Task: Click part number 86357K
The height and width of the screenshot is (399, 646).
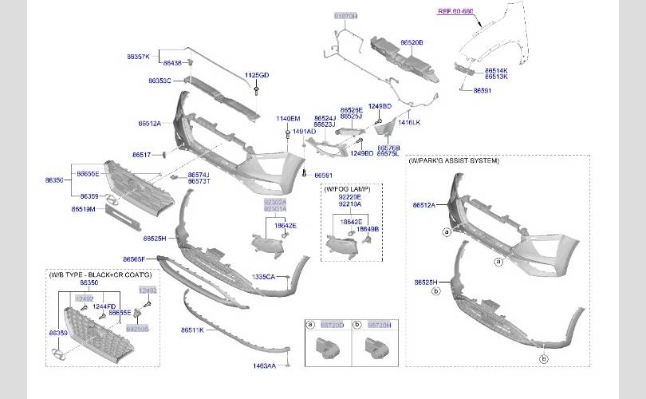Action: [x=138, y=57]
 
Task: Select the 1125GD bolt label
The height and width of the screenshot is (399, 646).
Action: [x=257, y=75]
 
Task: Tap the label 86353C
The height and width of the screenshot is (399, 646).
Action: [x=160, y=81]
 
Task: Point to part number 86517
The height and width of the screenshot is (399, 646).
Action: [x=141, y=154]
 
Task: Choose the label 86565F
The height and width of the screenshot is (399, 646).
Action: [x=134, y=259]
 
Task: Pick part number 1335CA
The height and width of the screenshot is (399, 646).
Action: [x=263, y=276]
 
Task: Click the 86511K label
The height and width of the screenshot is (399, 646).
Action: [x=192, y=330]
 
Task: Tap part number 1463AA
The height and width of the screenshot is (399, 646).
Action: [x=264, y=365]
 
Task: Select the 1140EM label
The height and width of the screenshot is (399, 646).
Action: [x=288, y=118]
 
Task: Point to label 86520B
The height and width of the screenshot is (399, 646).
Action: [x=412, y=41]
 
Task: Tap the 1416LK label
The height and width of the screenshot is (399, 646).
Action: [x=409, y=123]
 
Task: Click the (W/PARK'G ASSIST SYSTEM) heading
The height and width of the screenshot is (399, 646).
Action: [x=453, y=160]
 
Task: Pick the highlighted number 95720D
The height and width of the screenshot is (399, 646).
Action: [x=333, y=326]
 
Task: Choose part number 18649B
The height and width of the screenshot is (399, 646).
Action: [x=368, y=229]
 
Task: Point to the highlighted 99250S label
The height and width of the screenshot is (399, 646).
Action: [x=138, y=328]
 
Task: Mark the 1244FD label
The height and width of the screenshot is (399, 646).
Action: [x=104, y=306]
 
